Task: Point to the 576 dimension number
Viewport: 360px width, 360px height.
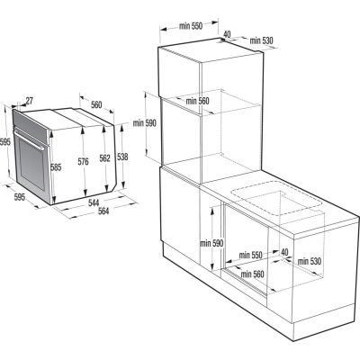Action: click(x=84, y=162)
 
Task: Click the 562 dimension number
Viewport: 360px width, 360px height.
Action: click(x=104, y=157)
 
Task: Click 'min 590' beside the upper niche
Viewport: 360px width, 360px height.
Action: click(x=145, y=122)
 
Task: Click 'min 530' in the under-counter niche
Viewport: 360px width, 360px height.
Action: click(x=310, y=261)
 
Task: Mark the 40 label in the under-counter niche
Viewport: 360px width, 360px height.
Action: click(x=284, y=252)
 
